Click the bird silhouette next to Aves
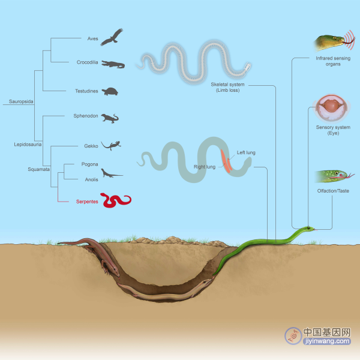(x=112, y=37)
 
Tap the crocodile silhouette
(x=113, y=65)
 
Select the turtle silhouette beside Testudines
(x=110, y=91)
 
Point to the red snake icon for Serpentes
(x=116, y=200)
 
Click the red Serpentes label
(x=87, y=202)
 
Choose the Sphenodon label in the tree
(x=86, y=116)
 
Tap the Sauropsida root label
(x=21, y=101)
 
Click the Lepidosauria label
(x=28, y=145)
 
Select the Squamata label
(x=38, y=169)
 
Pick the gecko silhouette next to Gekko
(x=111, y=145)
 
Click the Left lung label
(x=246, y=152)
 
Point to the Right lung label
(x=205, y=167)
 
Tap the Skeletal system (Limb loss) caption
(x=227, y=87)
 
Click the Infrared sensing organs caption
(x=333, y=61)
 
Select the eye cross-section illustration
(x=331, y=107)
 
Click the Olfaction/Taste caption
(x=333, y=191)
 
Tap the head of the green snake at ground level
(x=309, y=229)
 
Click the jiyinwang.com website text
(x=327, y=341)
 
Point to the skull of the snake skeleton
(x=247, y=67)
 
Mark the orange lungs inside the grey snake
(x=226, y=161)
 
